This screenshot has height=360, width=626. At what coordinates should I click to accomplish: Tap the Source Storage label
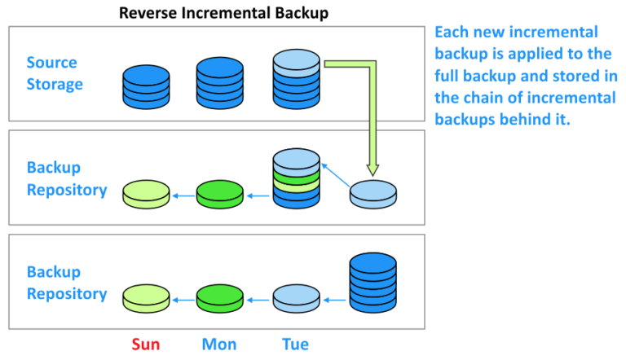pyautogui.click(x=54, y=73)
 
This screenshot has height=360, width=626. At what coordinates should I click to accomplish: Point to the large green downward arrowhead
pyautogui.click(x=373, y=168)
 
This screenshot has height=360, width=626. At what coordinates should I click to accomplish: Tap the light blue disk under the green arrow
pyautogui.click(x=373, y=195)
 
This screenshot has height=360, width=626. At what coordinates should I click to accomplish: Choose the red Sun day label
pyautogui.click(x=145, y=345)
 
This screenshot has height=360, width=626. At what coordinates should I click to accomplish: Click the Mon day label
pyautogui.click(x=220, y=345)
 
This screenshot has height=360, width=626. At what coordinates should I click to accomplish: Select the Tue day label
pyautogui.click(x=295, y=345)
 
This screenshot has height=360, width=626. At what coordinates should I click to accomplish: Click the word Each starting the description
pyautogui.click(x=452, y=33)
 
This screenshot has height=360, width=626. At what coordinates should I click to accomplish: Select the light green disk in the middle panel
pyautogui.click(x=147, y=194)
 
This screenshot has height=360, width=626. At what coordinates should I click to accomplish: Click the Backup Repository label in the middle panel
pyautogui.click(x=67, y=178)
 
